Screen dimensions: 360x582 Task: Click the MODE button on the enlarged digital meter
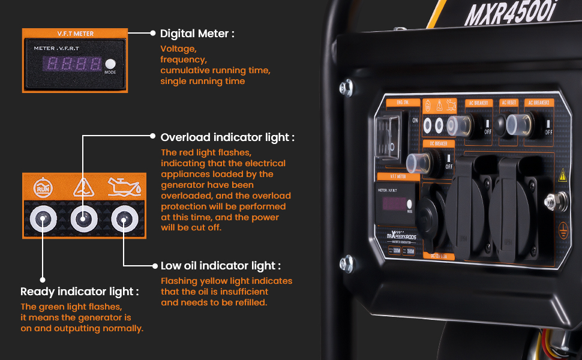(110, 65)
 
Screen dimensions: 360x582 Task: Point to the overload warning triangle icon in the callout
(82, 187)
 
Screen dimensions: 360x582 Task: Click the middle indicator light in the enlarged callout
(83, 220)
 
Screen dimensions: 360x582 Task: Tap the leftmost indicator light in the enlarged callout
(43, 220)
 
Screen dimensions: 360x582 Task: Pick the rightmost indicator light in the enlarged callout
(123, 220)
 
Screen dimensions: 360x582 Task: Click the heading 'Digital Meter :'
(197, 34)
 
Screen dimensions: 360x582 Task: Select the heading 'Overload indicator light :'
(227, 137)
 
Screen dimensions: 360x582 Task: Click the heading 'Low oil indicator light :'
(220, 266)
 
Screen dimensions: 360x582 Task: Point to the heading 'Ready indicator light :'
(79, 292)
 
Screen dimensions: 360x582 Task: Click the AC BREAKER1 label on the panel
(479, 103)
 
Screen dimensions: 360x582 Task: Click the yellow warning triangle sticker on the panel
(563, 176)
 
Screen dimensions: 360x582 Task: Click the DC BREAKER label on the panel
(438, 144)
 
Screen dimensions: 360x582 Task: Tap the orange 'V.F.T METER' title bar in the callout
(75, 34)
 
